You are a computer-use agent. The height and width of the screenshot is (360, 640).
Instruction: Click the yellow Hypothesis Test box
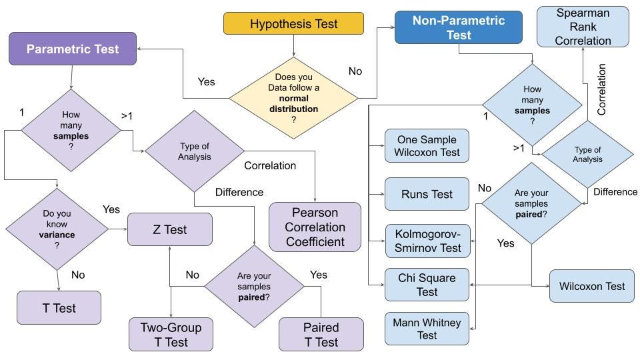click(293, 25)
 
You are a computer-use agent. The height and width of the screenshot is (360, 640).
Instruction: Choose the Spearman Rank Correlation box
click(583, 27)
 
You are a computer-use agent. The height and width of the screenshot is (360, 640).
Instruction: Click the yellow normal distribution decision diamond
click(293, 98)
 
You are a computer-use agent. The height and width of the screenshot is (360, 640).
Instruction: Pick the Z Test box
click(170, 230)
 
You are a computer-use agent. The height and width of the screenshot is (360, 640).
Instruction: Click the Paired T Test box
click(321, 334)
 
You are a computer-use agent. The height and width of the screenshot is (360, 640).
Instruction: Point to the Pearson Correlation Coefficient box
click(315, 227)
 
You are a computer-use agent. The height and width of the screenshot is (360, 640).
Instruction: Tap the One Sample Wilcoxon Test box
click(427, 146)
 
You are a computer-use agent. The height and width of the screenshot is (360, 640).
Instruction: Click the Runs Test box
click(427, 195)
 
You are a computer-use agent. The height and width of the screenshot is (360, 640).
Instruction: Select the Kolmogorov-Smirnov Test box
click(427, 241)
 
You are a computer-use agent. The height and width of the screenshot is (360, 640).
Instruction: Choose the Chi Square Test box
click(427, 285)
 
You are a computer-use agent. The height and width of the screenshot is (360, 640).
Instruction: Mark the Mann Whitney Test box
click(427, 329)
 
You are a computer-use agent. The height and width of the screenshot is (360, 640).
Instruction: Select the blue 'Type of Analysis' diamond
click(587, 155)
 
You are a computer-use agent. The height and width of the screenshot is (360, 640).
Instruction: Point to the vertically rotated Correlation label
click(601, 90)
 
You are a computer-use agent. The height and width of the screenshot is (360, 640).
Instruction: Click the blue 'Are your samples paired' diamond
click(531, 205)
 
